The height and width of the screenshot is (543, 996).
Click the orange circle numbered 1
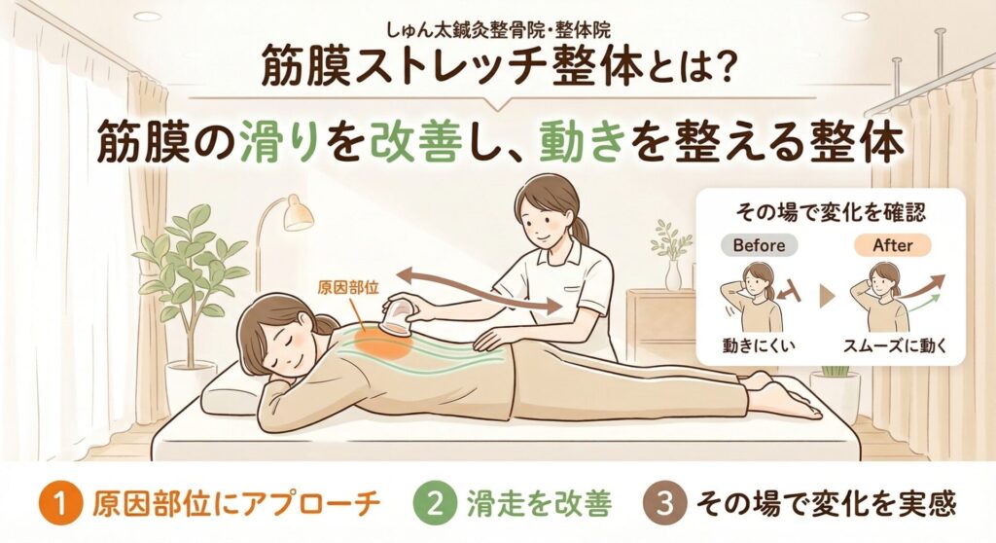pos(61,504)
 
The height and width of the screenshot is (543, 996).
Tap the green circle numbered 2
pos(435,504)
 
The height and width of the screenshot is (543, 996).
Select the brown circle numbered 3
pos(663,504)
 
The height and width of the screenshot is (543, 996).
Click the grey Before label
pos(759,245)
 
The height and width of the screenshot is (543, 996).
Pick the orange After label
pos(893,245)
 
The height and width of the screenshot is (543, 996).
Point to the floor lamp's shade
pos(298,213)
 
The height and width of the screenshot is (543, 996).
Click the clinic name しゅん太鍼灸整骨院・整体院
pos(498,29)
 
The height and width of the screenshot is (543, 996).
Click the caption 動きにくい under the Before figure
pos(759,345)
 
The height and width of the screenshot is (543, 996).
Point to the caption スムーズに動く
pos(895,345)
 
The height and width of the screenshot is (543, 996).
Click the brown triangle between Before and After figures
pos(826,296)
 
